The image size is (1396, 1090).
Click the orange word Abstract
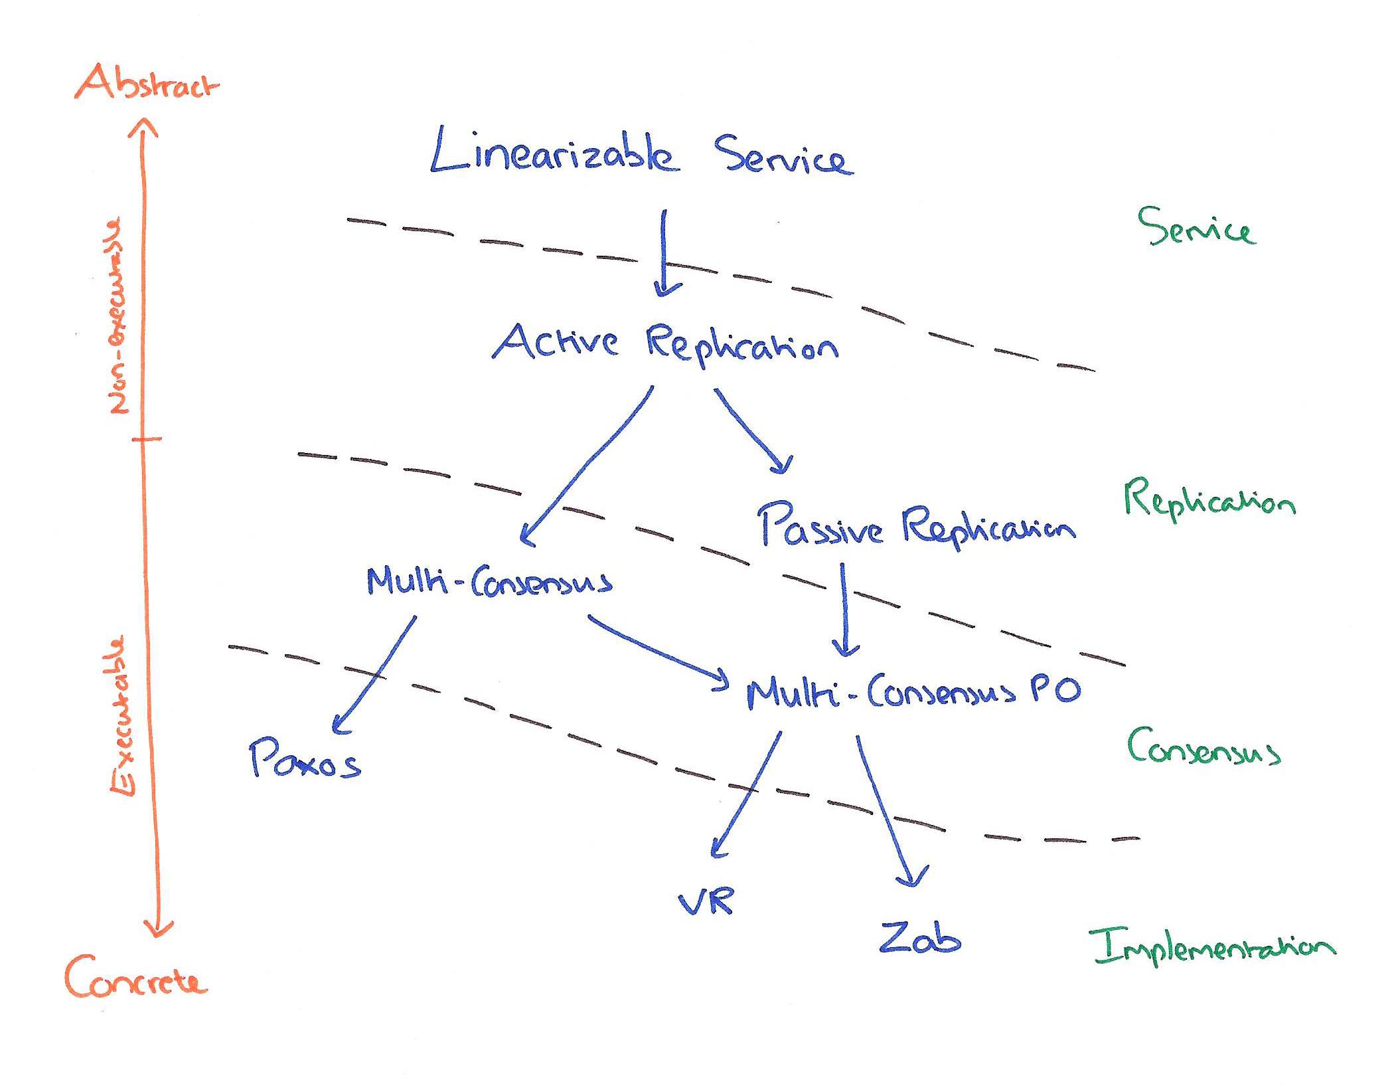146,84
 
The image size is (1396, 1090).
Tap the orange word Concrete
136,978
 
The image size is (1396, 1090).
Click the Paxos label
305,759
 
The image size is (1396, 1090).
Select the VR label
706,902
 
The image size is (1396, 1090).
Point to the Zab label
920,937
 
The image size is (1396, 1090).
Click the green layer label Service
1196,228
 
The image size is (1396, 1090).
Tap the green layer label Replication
1209,501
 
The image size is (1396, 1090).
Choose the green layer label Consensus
1203,748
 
